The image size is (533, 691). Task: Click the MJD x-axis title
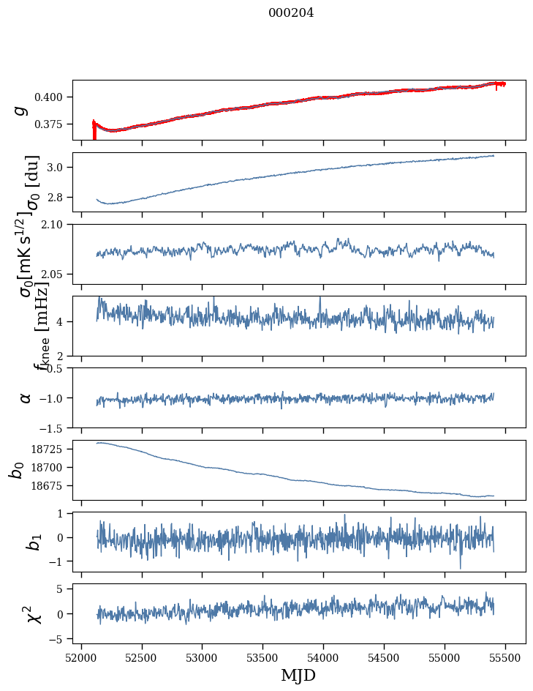tap(298, 675)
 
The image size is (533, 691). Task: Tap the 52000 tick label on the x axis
tap(81, 657)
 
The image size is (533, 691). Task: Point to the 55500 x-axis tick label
tap(505, 657)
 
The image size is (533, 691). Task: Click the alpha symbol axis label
tap(26, 397)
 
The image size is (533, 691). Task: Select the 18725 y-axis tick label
tap(51, 449)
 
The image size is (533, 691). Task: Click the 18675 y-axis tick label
tap(51, 486)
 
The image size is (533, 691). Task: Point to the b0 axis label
tap(16, 469)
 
